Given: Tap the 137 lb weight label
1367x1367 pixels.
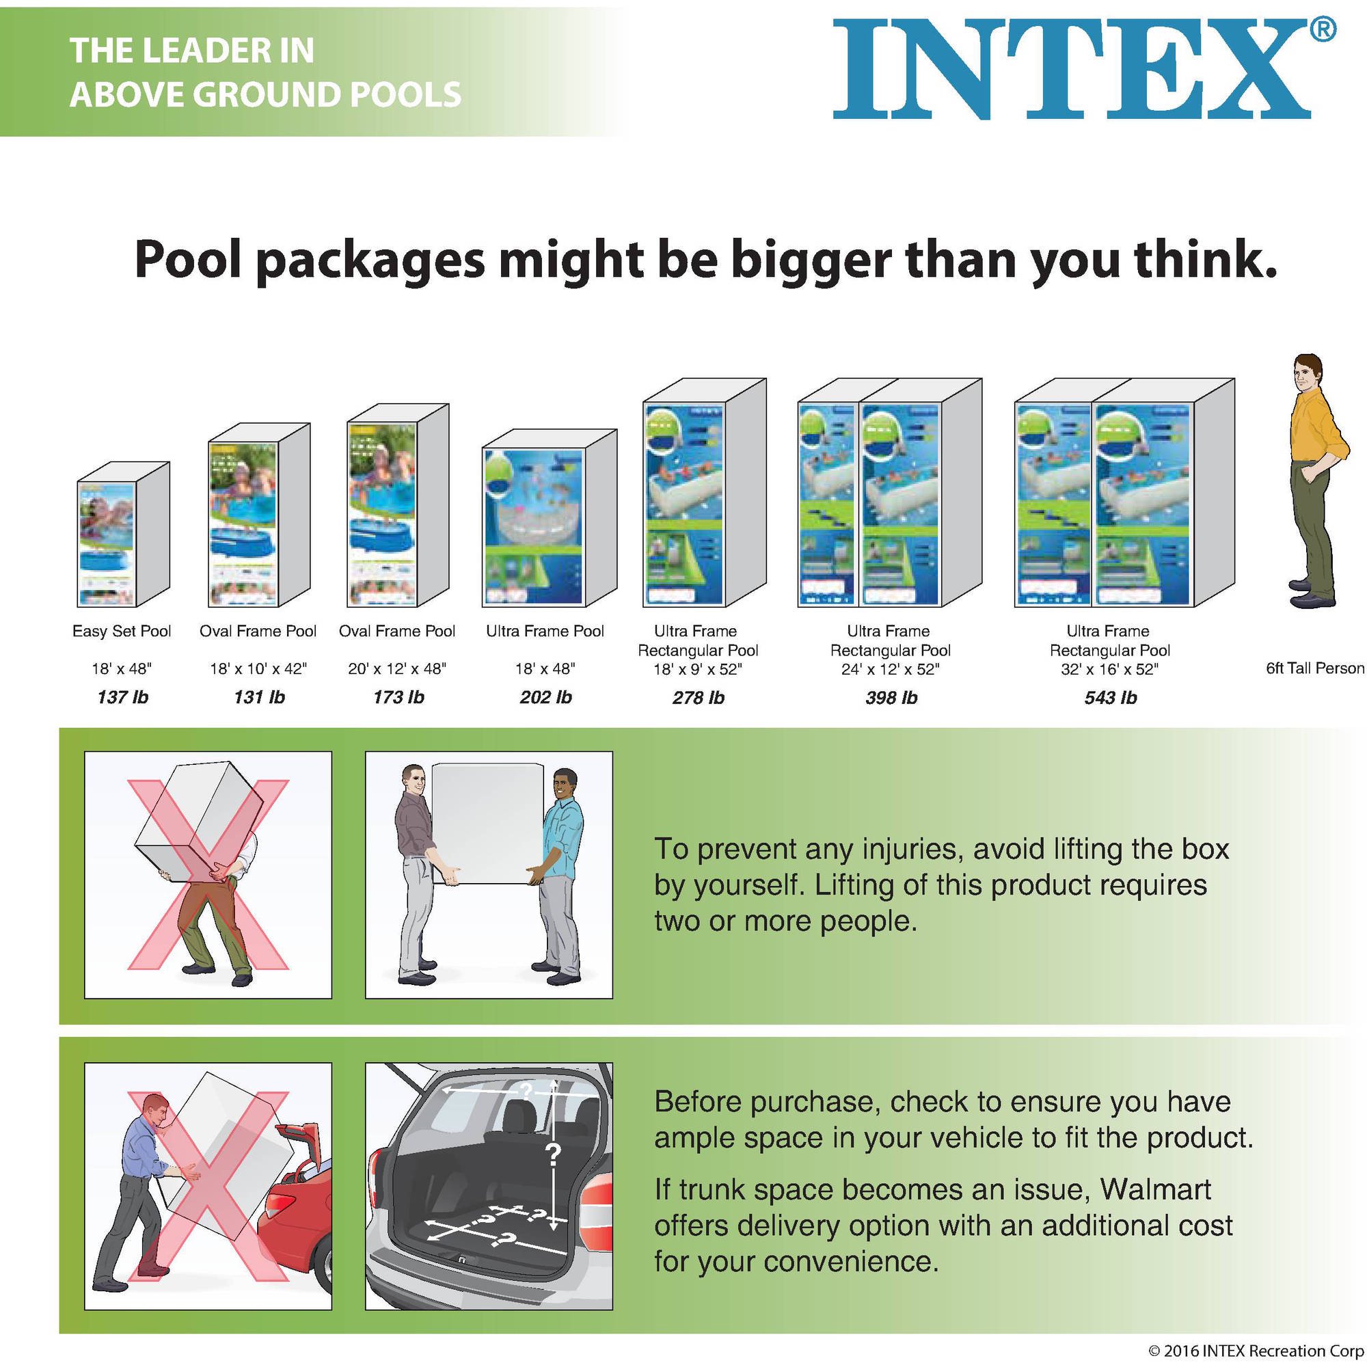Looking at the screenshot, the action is (122, 698).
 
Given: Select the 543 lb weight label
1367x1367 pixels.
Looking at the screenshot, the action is (1110, 698).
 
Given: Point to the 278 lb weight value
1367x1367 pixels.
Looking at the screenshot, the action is (699, 698).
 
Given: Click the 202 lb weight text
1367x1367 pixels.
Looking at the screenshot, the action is (545, 698).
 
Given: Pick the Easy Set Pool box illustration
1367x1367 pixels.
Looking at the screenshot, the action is (123, 534).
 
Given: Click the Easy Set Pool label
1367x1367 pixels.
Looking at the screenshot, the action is (122, 631).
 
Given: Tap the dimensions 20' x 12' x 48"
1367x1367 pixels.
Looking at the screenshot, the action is (397, 668).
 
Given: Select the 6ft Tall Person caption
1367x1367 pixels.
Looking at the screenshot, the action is (1314, 668).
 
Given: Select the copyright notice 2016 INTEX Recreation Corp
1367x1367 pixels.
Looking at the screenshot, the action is (1256, 1351).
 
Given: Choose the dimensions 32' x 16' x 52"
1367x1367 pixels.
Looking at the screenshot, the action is (1109, 668).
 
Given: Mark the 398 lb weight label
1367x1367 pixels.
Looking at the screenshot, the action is (891, 698).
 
